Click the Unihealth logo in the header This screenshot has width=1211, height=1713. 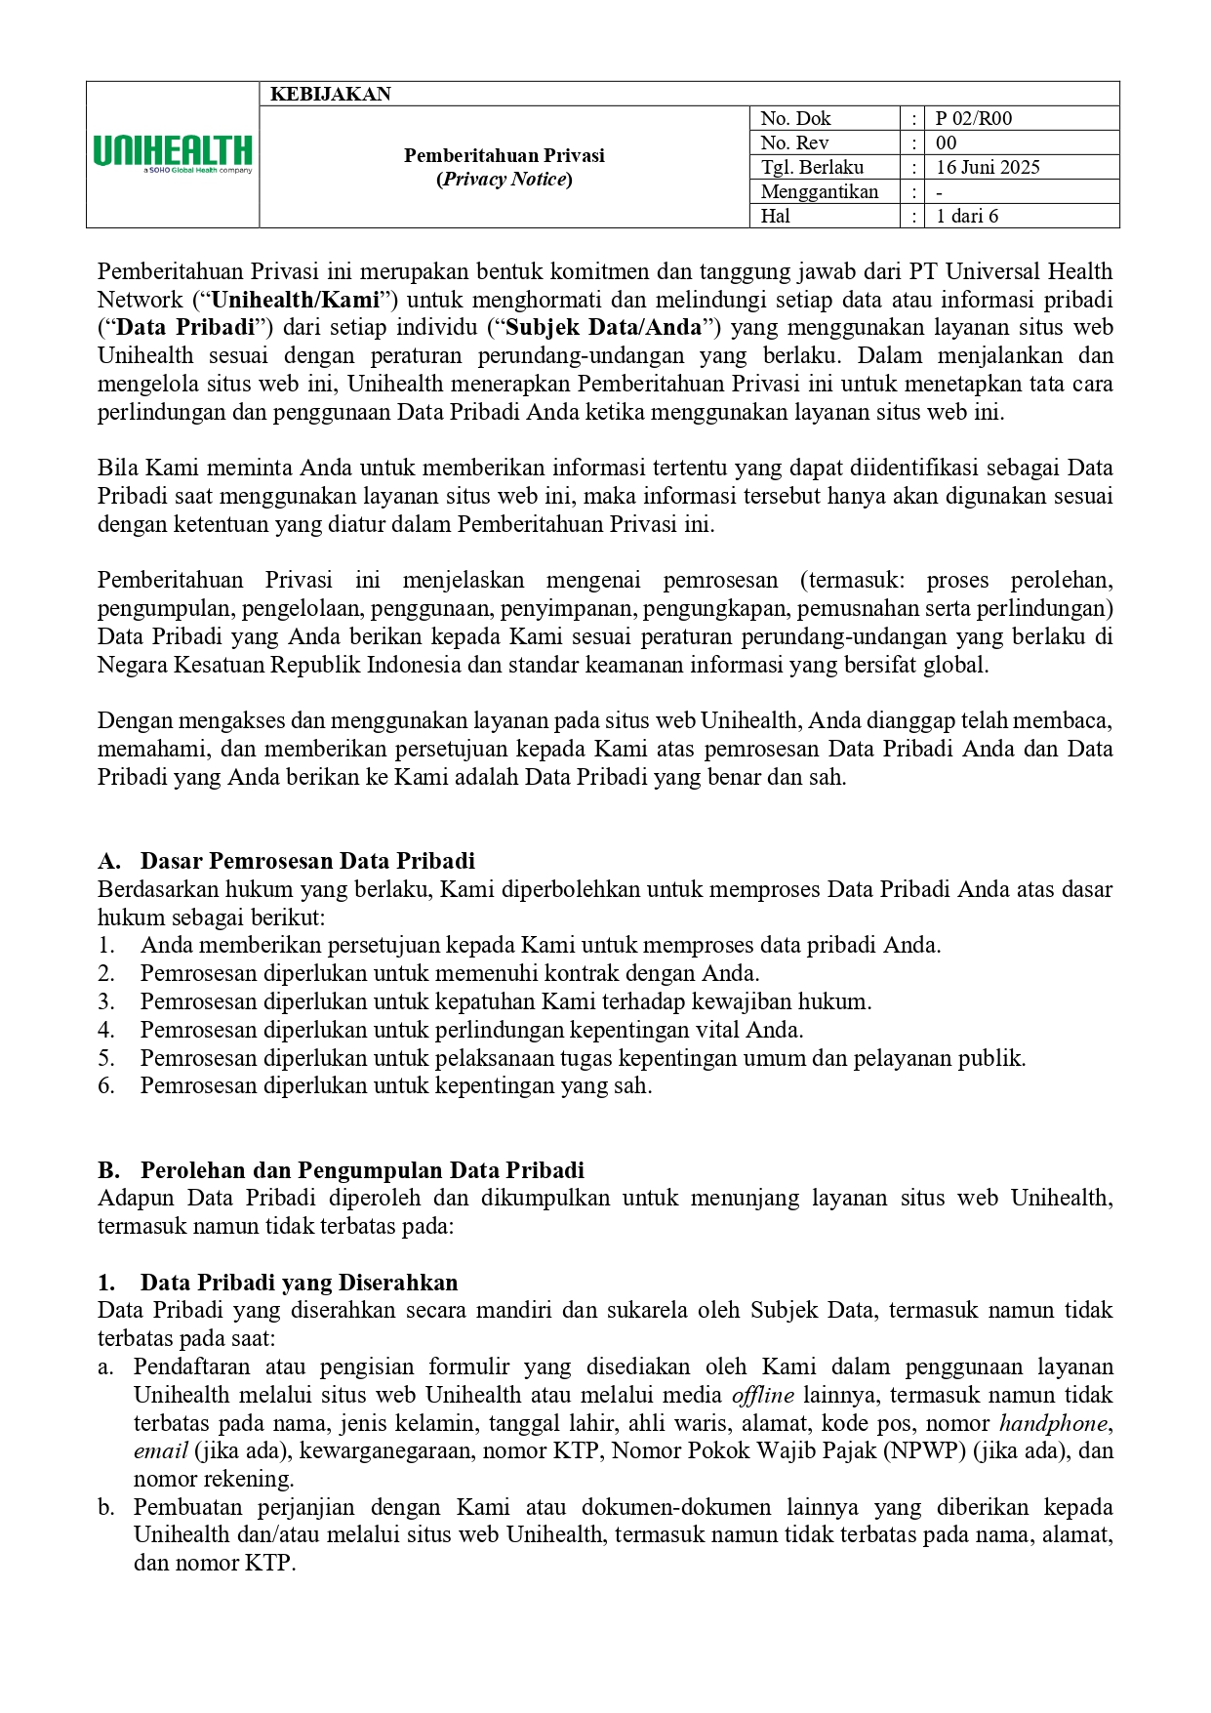pyautogui.click(x=173, y=154)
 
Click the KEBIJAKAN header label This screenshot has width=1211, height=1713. pyautogui.click(x=330, y=95)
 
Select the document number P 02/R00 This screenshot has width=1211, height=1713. pyautogui.click(x=973, y=119)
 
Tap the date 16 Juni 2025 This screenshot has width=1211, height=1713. pyautogui.click(x=987, y=168)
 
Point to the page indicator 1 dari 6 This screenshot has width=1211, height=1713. pyautogui.click(x=966, y=217)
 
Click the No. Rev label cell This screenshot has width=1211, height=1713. pyautogui.click(x=794, y=143)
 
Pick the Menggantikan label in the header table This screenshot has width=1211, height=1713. pyautogui.click(x=819, y=192)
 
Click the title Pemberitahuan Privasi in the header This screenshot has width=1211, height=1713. pyautogui.click(x=504, y=156)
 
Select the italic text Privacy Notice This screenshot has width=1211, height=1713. pyautogui.click(x=504, y=180)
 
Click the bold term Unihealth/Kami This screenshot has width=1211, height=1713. pyautogui.click(x=295, y=300)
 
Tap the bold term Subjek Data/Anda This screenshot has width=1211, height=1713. pyautogui.click(x=603, y=328)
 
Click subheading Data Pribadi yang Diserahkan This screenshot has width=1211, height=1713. pyautogui.click(x=299, y=1283)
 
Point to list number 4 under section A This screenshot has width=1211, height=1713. pyautogui.click(x=106, y=1031)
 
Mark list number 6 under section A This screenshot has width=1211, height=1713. pyautogui.click(x=106, y=1086)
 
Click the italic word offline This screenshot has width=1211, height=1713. pyautogui.click(x=762, y=1396)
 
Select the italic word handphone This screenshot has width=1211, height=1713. pyautogui.click(x=1053, y=1424)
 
